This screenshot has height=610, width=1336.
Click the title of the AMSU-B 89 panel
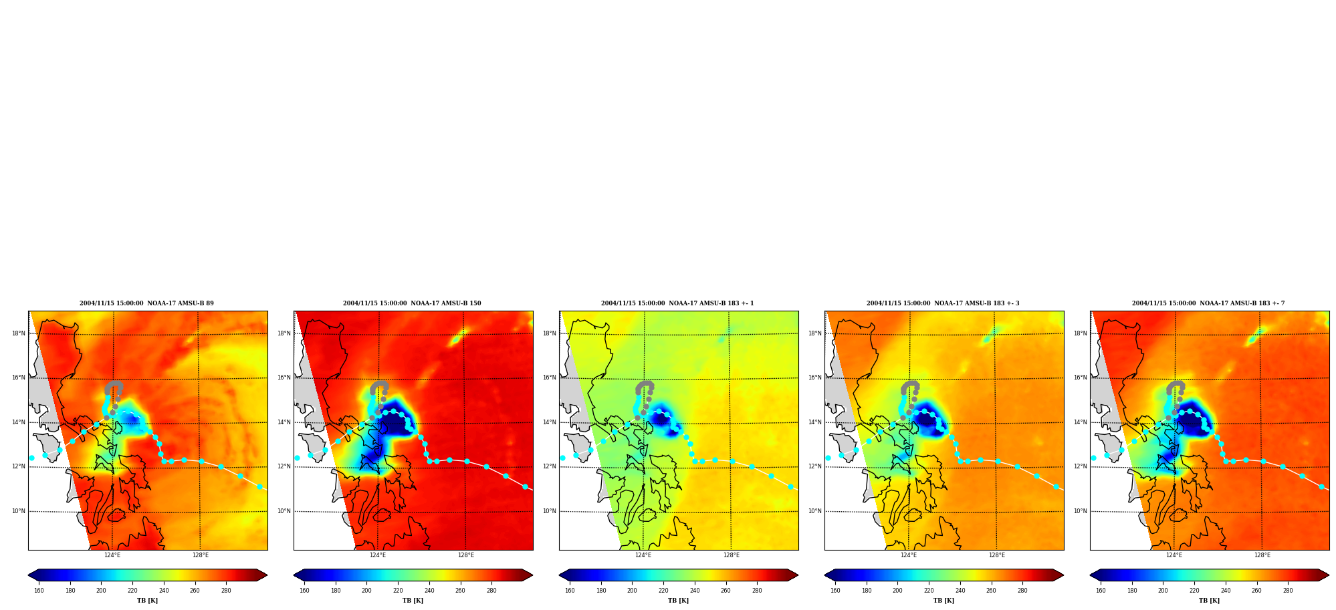(146, 303)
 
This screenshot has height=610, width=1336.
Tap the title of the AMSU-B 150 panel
(412, 303)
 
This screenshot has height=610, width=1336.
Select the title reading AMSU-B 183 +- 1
(677, 303)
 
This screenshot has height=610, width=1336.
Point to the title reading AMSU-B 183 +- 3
(943, 303)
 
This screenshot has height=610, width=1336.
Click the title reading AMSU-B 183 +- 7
(1208, 303)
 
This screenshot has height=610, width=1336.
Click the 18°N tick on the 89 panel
(19, 333)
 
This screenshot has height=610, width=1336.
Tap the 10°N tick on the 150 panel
(284, 511)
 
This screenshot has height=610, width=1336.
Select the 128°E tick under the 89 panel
(201, 555)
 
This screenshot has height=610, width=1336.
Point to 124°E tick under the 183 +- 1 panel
(643, 555)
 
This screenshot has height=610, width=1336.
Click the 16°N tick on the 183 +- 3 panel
(815, 377)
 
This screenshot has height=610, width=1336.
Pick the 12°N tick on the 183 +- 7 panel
(1081, 466)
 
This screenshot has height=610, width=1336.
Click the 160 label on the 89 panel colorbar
(39, 591)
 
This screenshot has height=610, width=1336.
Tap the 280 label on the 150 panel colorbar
(491, 591)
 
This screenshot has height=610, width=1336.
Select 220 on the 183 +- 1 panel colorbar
(663, 591)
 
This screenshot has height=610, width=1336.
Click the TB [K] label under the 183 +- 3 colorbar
(943, 601)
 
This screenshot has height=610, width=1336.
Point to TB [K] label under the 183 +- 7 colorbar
(1209, 601)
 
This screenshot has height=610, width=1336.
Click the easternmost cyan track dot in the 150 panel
(525, 486)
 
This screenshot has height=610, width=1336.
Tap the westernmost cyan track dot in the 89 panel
(31, 458)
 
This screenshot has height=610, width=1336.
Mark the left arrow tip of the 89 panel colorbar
(28, 575)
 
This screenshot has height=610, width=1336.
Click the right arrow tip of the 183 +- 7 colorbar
(1329, 575)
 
